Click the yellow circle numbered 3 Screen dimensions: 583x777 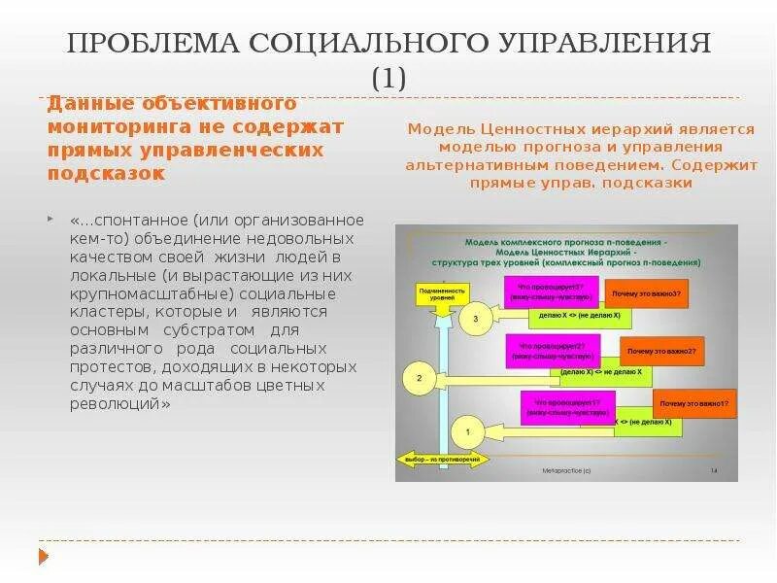[x=475, y=318]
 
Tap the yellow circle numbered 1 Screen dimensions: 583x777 [x=467, y=429]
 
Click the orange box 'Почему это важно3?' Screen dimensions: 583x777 [x=644, y=292]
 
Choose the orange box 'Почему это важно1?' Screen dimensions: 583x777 [x=693, y=401]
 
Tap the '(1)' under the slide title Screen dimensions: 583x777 [x=388, y=78]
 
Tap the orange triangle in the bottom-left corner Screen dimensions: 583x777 [x=44, y=556]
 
